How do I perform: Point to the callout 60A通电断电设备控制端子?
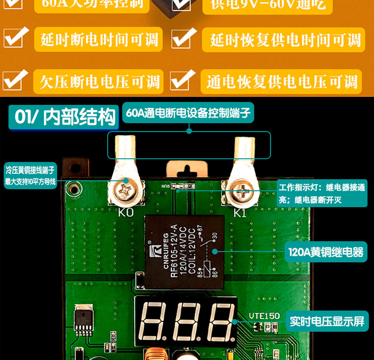pos(188,113)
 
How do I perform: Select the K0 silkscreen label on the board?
pos(126,212)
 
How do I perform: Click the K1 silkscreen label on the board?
pos(240,213)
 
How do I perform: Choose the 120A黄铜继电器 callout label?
pos(326,252)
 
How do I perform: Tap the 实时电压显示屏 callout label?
pos(327,321)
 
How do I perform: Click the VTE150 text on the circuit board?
pos(264,316)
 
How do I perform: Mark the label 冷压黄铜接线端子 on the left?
pos(30,176)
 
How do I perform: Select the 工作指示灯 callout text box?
pos(322,194)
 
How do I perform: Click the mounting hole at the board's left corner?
pos(74,189)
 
